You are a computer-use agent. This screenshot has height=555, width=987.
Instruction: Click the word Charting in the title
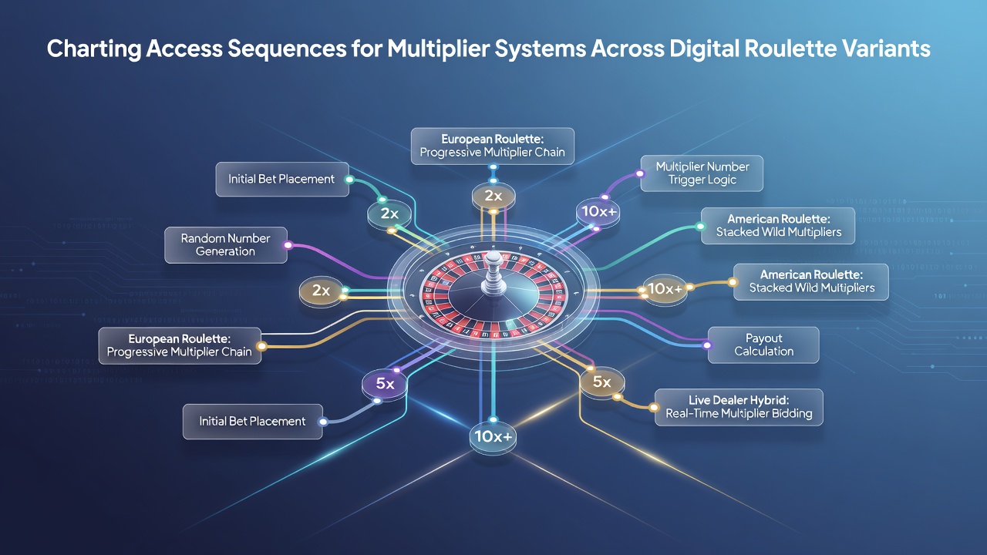(x=94, y=49)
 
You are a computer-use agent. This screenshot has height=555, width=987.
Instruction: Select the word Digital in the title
(x=704, y=49)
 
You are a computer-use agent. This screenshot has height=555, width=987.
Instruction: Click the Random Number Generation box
(x=226, y=245)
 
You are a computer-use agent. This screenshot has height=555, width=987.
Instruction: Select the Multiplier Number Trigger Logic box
(x=702, y=173)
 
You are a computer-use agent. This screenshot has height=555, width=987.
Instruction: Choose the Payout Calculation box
(x=763, y=345)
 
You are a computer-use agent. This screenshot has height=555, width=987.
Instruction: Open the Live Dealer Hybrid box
(x=739, y=407)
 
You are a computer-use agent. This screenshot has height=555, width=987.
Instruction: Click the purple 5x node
(x=384, y=384)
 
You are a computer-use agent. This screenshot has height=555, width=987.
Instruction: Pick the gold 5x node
(x=601, y=382)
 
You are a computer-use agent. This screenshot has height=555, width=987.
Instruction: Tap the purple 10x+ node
(x=598, y=212)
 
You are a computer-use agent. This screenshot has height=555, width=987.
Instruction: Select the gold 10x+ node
(x=665, y=289)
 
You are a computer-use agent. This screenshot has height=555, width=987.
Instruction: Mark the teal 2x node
(x=389, y=214)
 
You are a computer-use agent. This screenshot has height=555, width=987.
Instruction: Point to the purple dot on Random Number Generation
(x=288, y=245)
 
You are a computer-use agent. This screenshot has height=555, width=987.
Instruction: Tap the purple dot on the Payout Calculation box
(x=708, y=345)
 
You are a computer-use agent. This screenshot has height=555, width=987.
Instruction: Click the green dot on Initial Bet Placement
(x=349, y=180)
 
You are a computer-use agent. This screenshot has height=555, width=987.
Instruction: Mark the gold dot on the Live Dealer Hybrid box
(x=655, y=407)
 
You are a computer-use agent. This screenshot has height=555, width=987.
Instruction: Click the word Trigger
(x=684, y=180)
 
